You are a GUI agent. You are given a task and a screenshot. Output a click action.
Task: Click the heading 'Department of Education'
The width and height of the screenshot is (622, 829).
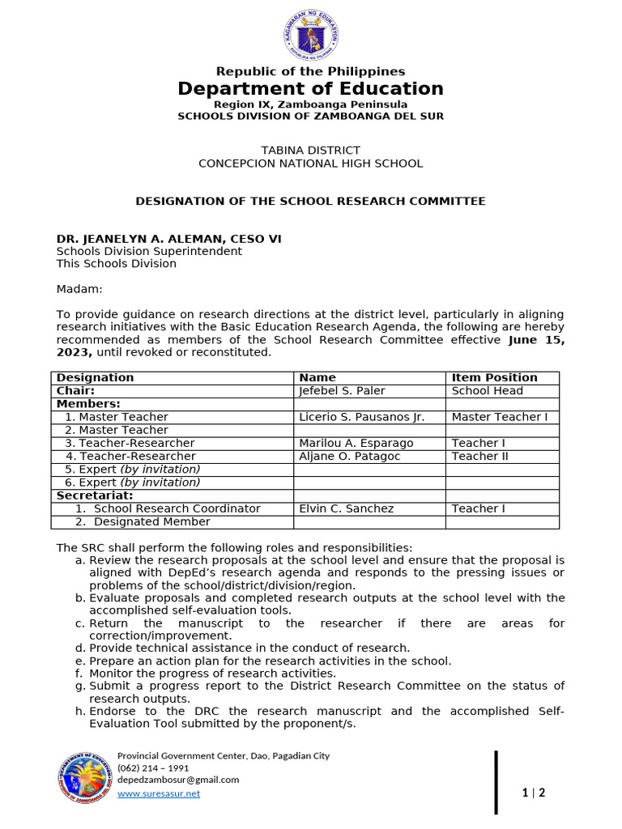311,89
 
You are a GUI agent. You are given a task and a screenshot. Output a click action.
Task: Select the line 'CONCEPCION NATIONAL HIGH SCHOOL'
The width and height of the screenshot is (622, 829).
311,164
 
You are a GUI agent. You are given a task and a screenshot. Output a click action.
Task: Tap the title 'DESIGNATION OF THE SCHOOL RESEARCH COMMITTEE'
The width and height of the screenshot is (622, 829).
311,201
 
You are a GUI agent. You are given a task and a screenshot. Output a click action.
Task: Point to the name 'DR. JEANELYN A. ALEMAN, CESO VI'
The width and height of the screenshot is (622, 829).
169,239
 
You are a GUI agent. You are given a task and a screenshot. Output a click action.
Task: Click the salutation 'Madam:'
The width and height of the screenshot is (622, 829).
79,289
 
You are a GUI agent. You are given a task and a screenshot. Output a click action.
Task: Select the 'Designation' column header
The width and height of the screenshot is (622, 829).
96,377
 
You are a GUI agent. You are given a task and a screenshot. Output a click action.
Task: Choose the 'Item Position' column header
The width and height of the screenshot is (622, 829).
494,377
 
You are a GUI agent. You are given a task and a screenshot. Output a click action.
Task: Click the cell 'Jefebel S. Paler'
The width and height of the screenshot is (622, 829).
342,390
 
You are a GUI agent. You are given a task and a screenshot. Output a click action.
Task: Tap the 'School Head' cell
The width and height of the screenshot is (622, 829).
487,390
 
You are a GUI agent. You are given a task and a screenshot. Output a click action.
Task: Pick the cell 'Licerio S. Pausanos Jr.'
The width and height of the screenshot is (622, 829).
361,417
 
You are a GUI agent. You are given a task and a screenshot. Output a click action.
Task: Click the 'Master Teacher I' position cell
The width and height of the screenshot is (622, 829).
500,417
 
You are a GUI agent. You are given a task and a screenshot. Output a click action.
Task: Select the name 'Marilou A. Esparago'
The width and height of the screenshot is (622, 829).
356,443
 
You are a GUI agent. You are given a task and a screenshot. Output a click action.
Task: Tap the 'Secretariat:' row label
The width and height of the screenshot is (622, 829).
95,495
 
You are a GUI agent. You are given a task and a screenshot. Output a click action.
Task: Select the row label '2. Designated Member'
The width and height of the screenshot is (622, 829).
143,521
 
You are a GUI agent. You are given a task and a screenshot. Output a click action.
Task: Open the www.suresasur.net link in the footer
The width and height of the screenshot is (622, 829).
159,793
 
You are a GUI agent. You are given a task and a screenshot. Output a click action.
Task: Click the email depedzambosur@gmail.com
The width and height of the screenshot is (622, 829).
178,780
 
